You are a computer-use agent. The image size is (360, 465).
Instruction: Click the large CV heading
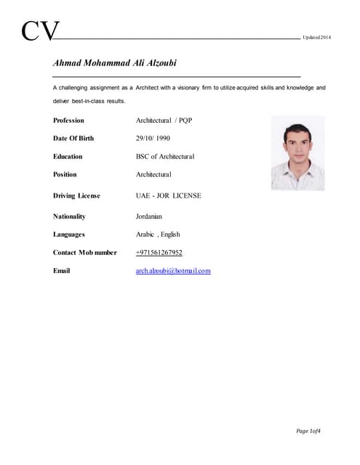[x=40, y=31]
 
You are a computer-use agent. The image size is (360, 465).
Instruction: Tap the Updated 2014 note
[x=316, y=37]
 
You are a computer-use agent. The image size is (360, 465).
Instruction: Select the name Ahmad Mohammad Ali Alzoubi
[x=115, y=63]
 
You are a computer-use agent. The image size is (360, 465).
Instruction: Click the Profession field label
[x=68, y=121]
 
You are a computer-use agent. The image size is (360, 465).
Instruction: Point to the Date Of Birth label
[x=73, y=138]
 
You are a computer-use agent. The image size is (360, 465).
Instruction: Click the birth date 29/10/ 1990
[x=153, y=138]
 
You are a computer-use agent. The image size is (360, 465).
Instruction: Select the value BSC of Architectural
[x=165, y=156]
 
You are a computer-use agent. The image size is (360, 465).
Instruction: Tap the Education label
[x=68, y=156]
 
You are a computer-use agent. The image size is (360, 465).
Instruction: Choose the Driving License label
[x=76, y=196]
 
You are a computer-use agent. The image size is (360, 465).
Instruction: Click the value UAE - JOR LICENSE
[x=169, y=196]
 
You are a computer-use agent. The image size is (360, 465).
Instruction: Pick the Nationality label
[x=69, y=217]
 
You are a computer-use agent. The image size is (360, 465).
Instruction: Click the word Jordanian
[x=149, y=217]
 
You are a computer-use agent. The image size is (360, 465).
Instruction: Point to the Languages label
[x=69, y=235]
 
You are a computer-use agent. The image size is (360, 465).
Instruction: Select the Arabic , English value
[x=158, y=235]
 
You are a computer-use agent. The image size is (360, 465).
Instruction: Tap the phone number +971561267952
[x=159, y=253]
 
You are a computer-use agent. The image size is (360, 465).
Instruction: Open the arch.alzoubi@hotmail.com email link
[x=173, y=271]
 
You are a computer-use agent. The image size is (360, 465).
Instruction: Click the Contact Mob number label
[x=84, y=253]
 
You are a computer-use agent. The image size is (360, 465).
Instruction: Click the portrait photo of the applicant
[x=297, y=154]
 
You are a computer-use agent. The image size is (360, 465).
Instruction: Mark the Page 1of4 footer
[x=308, y=432]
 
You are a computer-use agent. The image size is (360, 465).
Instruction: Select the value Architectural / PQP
[x=164, y=121]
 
